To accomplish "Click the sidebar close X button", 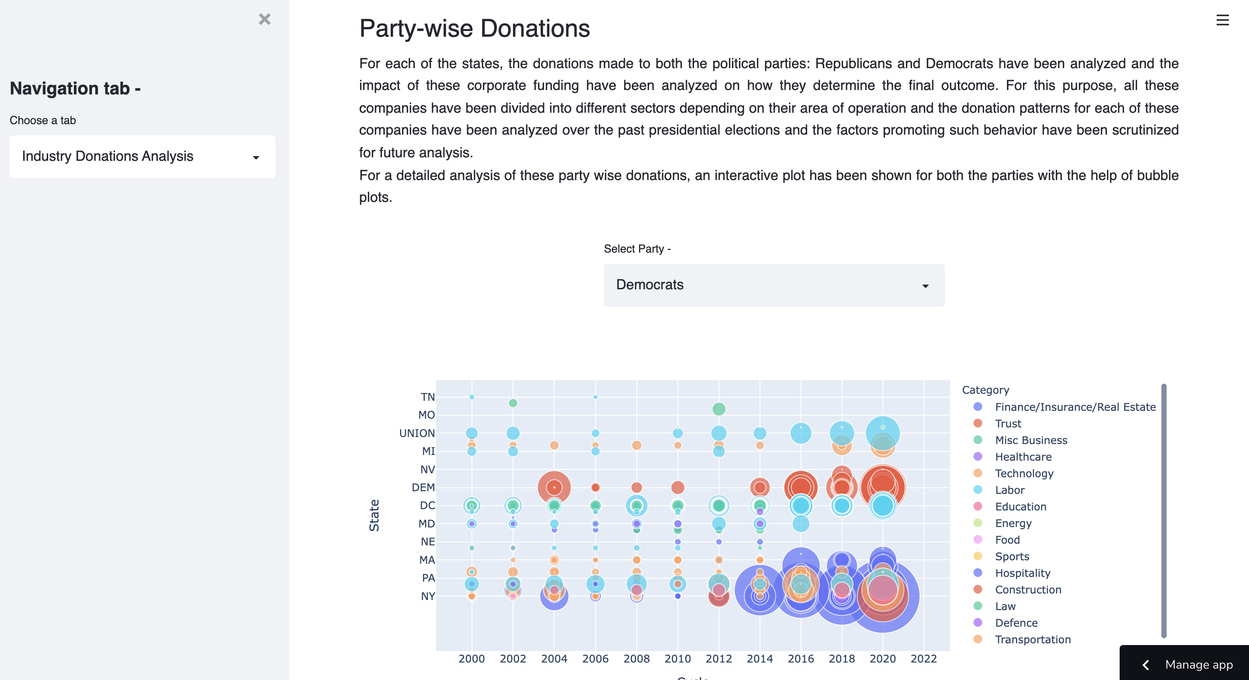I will [x=264, y=19].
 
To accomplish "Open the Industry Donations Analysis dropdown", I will [x=142, y=156].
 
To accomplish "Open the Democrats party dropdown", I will [x=774, y=285].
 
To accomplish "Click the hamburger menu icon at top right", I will [x=1222, y=21].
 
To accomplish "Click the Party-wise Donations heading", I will [x=474, y=28].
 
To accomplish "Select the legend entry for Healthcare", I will [x=1023, y=457].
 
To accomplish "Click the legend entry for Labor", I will [x=1010, y=490].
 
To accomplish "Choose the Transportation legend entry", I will [x=1032, y=639].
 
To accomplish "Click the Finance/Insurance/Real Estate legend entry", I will [x=1075, y=407].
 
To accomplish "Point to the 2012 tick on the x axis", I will [x=718, y=659].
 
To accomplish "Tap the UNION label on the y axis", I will [x=416, y=433].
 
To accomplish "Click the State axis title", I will [x=374, y=515].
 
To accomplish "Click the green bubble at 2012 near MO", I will [x=718, y=409].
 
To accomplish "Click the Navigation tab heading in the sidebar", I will [x=75, y=88].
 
